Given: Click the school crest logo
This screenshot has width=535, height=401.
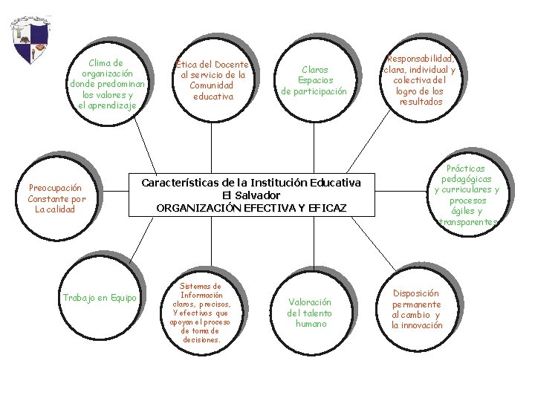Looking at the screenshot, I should (x=30, y=40).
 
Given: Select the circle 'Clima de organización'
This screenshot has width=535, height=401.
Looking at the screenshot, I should (x=106, y=83).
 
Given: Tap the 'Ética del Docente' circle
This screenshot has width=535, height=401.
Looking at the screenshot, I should (x=212, y=80).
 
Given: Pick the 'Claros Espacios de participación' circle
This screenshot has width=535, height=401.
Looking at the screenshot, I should (x=314, y=80).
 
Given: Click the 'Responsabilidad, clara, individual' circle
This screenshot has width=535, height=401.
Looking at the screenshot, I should (x=420, y=80).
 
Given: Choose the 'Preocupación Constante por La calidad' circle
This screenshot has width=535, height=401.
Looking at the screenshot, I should (x=56, y=198).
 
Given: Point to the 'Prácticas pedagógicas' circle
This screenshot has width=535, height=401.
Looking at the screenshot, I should (x=467, y=195).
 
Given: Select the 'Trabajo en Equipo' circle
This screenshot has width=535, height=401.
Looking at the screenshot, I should (x=100, y=298).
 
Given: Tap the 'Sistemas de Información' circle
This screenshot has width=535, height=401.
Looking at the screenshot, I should (x=201, y=312).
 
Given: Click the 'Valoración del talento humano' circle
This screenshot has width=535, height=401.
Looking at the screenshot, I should (x=309, y=313).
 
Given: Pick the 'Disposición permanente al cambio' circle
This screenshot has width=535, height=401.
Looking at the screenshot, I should (x=416, y=309).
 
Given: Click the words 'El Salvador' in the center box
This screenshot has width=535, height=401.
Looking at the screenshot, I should (x=251, y=195).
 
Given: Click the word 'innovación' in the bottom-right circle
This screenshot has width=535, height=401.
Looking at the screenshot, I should (x=423, y=325).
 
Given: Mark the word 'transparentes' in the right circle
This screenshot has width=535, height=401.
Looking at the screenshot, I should (x=468, y=221).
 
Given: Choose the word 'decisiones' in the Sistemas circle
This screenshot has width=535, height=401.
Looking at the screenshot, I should (x=201, y=339).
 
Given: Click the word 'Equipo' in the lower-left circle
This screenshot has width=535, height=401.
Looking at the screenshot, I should (x=123, y=298).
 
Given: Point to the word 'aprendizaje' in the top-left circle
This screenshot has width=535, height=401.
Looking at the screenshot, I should (x=107, y=105).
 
